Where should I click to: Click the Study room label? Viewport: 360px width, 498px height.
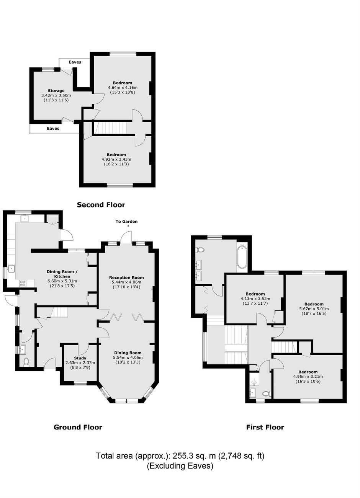80,358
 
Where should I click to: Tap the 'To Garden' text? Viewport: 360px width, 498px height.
127,221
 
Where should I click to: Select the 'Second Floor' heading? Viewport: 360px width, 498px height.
101,205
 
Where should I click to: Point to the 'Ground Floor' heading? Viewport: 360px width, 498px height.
78,427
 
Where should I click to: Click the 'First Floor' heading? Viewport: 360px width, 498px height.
265,427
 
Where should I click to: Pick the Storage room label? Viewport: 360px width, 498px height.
56,91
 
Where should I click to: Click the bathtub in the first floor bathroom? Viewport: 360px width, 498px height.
242,256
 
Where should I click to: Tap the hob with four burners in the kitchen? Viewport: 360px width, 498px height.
23,283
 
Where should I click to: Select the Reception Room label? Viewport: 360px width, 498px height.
126,278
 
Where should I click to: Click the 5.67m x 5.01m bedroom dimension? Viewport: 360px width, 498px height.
314,309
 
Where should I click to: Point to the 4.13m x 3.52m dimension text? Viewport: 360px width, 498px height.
255,299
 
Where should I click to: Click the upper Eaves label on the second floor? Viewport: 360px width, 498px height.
75,62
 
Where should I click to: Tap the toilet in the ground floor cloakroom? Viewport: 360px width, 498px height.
26,361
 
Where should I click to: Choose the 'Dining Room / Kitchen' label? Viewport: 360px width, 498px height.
62,274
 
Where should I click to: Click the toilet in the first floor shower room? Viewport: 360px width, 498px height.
267,394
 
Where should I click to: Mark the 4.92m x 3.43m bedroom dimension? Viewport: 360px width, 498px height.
116,159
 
